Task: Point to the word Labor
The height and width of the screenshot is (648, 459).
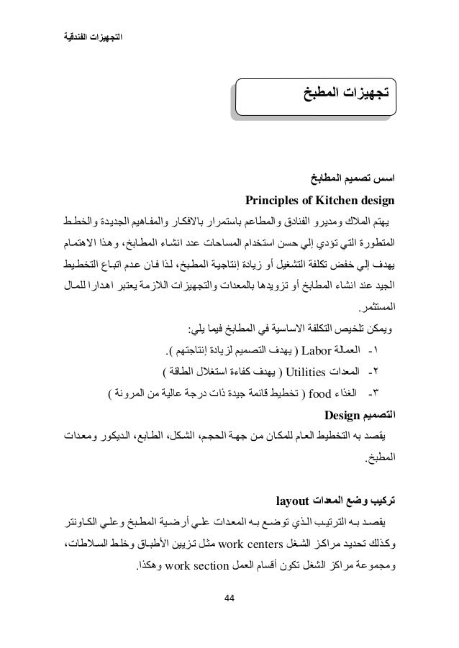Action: pyautogui.click(x=314, y=352)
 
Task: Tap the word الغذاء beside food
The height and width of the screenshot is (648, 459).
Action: pyautogui.click(x=346, y=393)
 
